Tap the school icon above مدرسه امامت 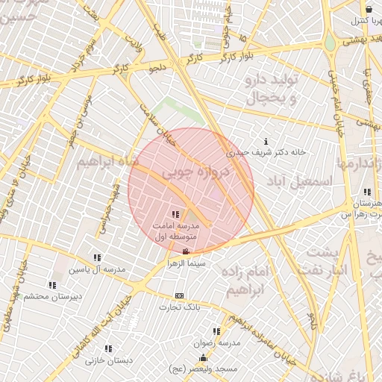point(175,215)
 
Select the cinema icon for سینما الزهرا point(186,251)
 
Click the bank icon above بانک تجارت point(178,295)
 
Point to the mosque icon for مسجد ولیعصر point(203,358)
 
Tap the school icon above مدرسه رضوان point(216,331)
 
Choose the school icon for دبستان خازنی point(108,348)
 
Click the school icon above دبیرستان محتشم point(51,284)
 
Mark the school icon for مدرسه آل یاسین point(97,257)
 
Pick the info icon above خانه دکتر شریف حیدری point(266,142)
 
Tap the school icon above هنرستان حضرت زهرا point(367,192)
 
